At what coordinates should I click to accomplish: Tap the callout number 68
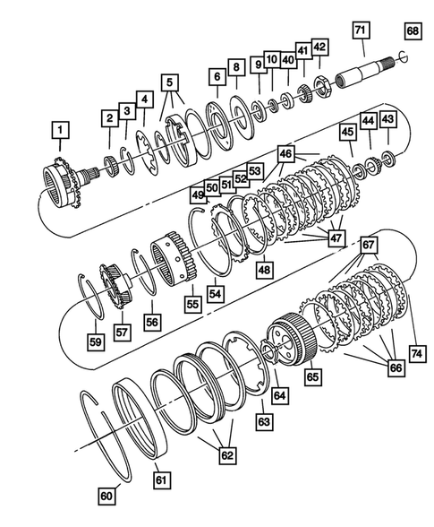point(412,31)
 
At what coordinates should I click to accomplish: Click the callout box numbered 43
point(387,118)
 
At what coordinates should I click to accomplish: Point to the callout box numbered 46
point(285,155)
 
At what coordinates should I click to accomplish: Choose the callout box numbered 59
point(95,341)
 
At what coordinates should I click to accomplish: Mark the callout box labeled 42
point(319,48)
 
